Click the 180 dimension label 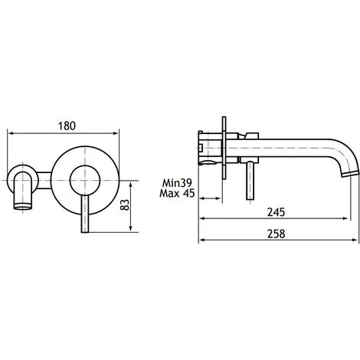(67, 126)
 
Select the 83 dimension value (125, 205)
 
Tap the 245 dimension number (276, 212)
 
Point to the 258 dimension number (276, 234)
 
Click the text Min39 (177, 183)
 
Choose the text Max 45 (177, 193)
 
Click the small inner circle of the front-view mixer (85, 180)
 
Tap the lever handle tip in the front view (85, 231)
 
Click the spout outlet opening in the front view (23, 206)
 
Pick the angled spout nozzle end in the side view (350, 174)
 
